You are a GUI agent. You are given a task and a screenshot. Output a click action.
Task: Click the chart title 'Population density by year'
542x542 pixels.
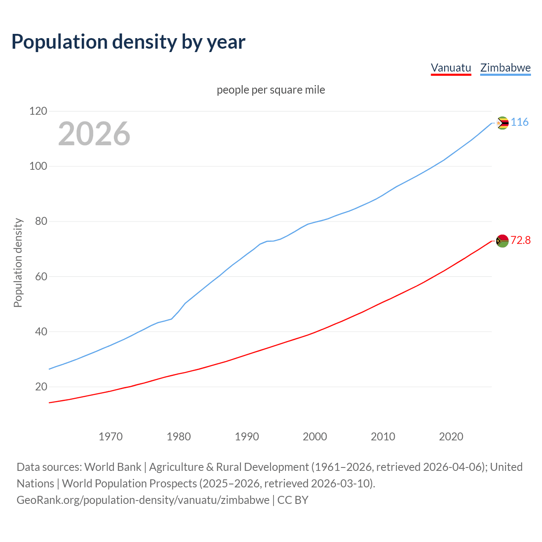point(128,42)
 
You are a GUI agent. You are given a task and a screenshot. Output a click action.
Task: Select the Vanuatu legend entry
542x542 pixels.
point(451,68)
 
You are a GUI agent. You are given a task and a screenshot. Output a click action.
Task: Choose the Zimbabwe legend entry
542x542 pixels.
point(505,68)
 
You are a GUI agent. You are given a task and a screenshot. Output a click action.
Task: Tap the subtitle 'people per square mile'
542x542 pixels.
point(271,90)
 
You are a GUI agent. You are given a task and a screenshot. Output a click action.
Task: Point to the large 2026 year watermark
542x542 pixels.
point(94,134)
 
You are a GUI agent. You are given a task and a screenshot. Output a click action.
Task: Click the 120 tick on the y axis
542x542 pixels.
point(38,111)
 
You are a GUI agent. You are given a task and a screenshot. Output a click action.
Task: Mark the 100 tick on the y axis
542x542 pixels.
point(38,166)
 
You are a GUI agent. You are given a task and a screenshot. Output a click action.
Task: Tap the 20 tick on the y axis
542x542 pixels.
point(41,387)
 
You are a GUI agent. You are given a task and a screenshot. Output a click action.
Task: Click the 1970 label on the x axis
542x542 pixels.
point(111,437)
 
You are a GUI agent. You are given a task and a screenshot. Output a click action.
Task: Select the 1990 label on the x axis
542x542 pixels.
point(247,437)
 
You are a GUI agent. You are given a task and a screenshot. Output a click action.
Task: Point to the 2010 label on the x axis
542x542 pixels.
point(383,437)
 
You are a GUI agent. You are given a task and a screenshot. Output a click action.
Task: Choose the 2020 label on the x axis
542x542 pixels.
point(451,437)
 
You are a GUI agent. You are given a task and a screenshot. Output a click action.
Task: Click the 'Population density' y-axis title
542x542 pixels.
point(18,263)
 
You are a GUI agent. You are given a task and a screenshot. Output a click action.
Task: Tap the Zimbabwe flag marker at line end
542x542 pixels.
point(502,123)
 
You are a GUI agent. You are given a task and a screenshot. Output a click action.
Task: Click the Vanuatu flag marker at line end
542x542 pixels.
point(502,241)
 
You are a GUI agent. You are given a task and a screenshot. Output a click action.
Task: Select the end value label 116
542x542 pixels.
point(520,122)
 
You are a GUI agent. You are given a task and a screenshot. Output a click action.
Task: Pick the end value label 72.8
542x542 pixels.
point(520,241)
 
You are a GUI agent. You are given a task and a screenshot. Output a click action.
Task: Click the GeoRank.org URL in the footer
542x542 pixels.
point(143,500)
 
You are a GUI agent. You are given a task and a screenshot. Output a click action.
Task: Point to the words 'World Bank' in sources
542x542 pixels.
point(113,467)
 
